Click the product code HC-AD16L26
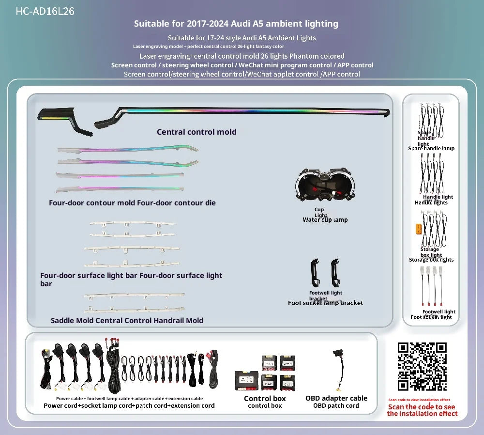pos(45,11)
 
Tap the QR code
pos(422,367)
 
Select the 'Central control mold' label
pos(197,132)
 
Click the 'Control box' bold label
pos(265,399)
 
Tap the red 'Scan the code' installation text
pos(422,410)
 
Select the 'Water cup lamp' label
pos(325,220)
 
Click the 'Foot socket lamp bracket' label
pos(325,303)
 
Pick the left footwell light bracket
pos(314,274)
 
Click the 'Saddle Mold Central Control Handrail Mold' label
pos(127,320)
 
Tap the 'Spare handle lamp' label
pos(431,149)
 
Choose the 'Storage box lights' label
pos(431,260)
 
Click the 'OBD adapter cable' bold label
pos(336,398)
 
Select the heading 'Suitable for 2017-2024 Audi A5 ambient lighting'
pos(236,24)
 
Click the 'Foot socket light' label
pos(431,317)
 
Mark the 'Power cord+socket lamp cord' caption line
pos(129,405)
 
